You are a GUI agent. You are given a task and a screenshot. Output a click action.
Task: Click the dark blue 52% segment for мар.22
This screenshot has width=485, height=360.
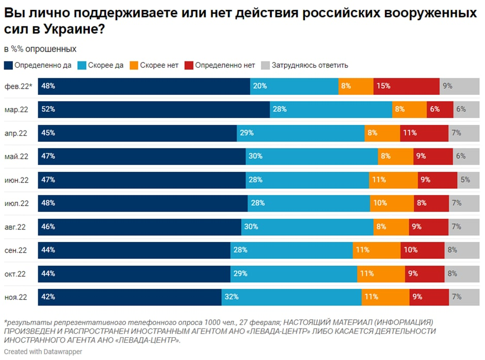(154, 109)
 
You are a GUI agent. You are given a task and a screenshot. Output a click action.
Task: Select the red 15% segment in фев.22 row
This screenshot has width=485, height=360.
(406, 86)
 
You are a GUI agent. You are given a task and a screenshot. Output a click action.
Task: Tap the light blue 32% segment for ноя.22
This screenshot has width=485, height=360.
(292, 297)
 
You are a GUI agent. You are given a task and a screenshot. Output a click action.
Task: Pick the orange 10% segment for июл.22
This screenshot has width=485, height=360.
(392, 203)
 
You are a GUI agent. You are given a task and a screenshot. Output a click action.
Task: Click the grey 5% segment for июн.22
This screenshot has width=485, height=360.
(468, 180)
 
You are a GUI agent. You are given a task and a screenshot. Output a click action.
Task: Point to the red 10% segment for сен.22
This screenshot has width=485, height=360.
(422, 250)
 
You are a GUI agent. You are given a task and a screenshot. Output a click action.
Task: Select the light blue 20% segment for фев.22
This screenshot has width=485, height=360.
(294, 86)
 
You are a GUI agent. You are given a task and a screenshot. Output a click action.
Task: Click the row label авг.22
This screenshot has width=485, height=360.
(16, 227)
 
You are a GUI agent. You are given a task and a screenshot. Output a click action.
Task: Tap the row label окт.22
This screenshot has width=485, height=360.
(16, 274)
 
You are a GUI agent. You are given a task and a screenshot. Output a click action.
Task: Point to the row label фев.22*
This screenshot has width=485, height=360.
(18, 87)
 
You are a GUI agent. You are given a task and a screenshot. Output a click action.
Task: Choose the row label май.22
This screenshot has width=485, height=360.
(16, 157)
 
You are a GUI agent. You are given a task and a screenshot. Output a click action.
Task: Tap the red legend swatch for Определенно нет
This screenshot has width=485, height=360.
(189, 66)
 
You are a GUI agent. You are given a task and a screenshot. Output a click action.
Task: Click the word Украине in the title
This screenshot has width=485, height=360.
(67, 30)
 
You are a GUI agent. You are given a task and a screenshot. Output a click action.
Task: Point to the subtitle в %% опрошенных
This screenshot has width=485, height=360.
(40, 49)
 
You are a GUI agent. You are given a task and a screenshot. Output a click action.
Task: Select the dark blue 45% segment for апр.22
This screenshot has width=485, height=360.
(137, 133)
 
